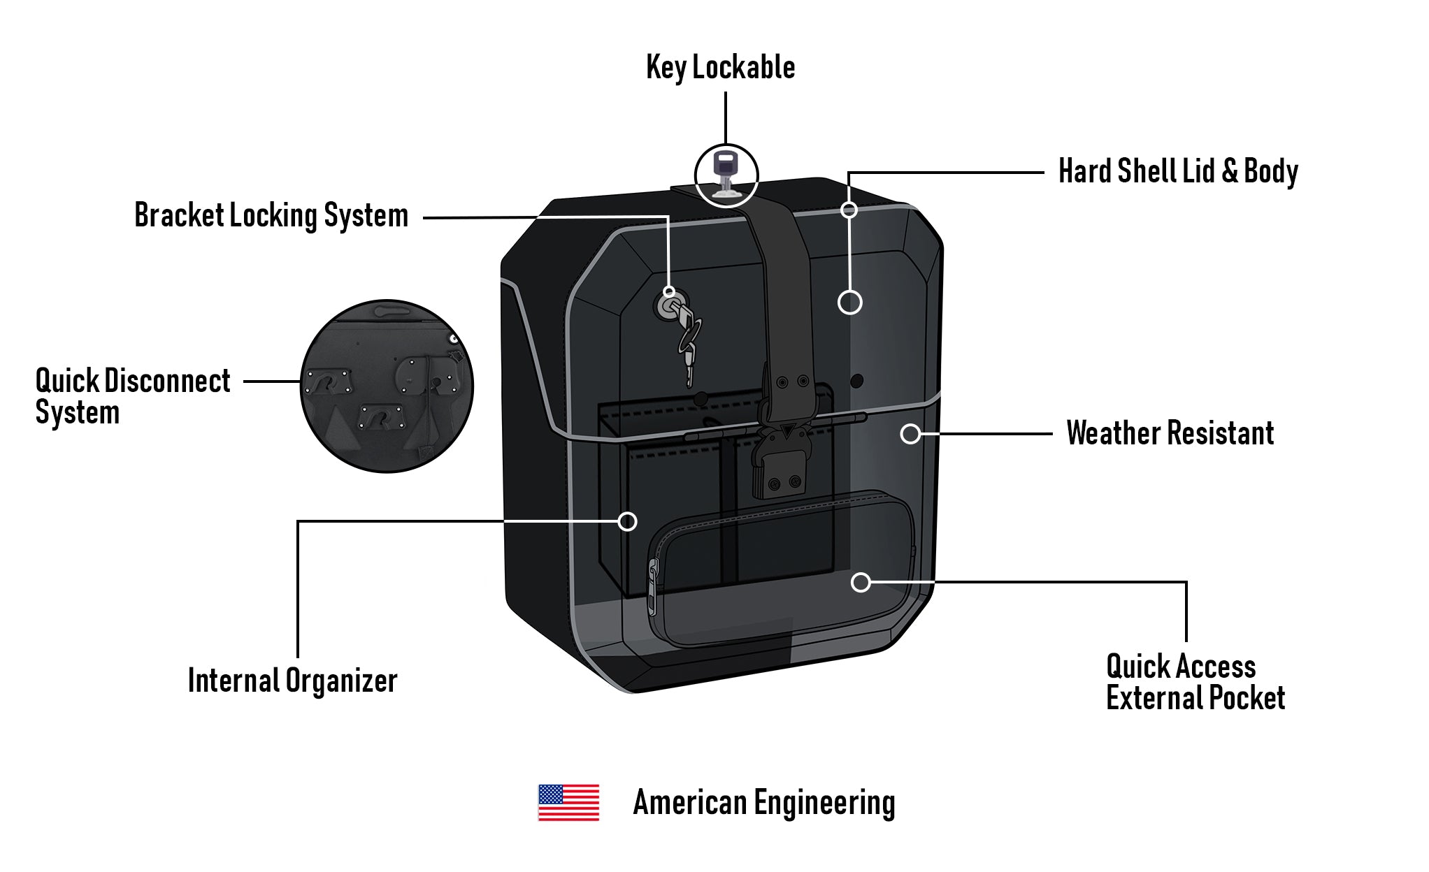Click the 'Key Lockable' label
720,68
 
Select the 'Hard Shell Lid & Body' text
1178,172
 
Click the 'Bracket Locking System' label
271,216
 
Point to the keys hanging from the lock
688,342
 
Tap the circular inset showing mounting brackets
387,386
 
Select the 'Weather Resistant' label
1170,433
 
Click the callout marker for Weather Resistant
910,434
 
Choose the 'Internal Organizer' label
292,681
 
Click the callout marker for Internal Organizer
628,521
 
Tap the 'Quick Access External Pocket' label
1195,682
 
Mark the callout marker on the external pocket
861,582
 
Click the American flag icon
568,802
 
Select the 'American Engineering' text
763,803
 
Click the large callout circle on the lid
849,303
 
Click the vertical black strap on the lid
787,293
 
